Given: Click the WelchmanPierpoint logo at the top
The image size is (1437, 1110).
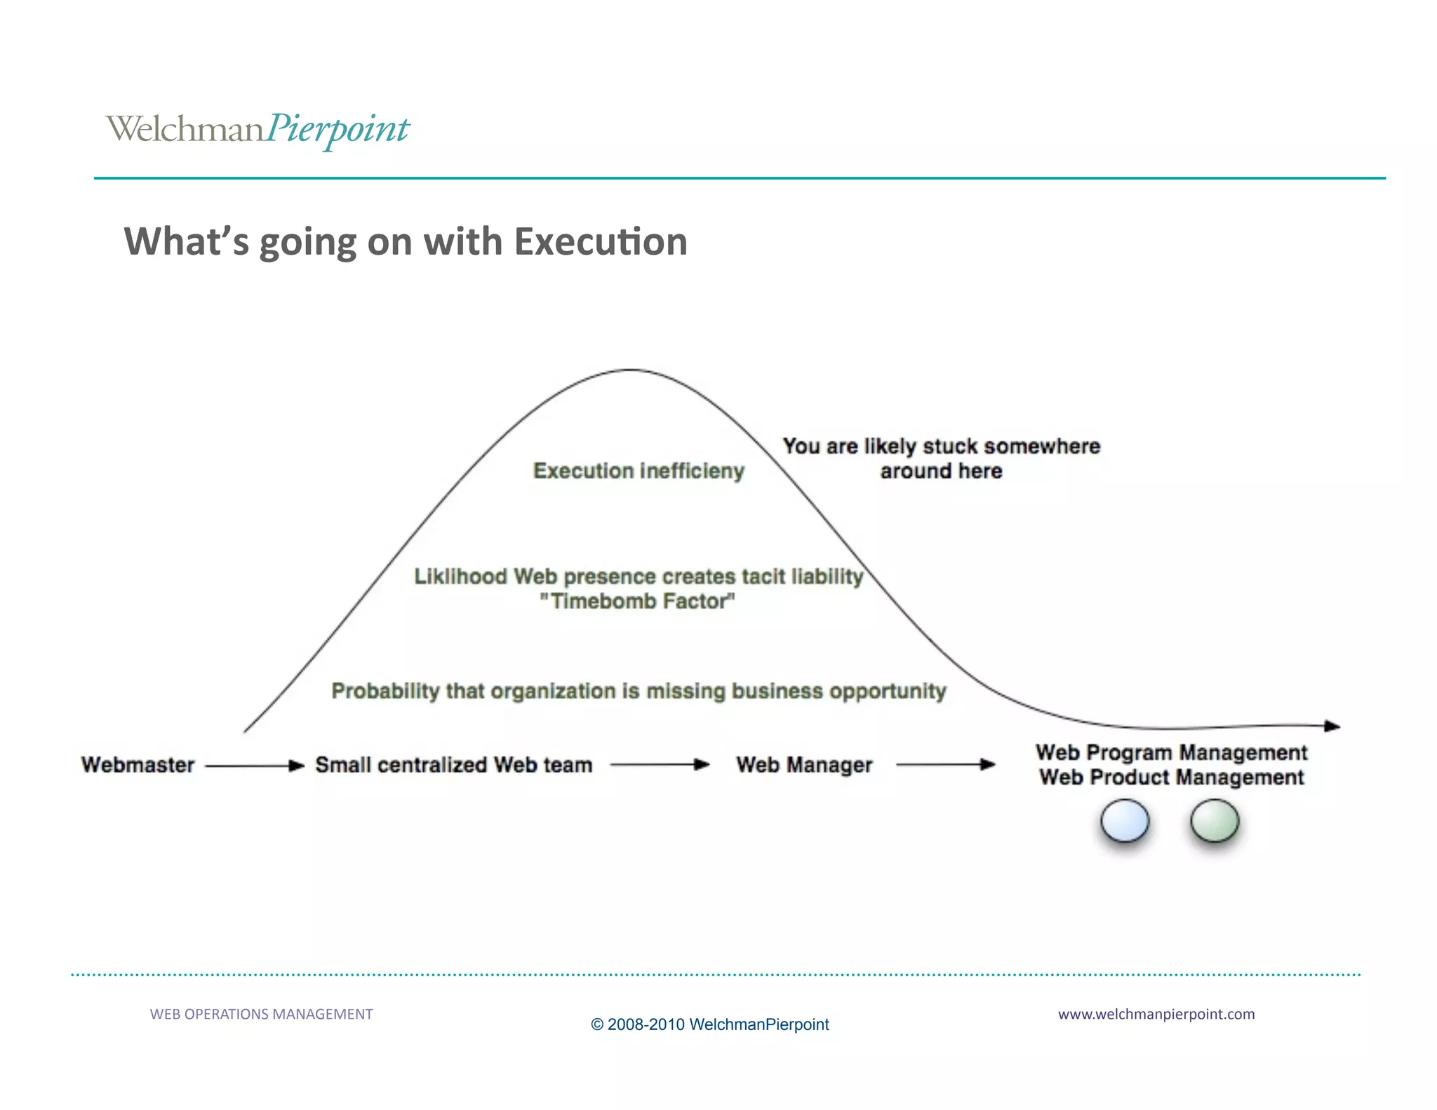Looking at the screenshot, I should (x=258, y=129).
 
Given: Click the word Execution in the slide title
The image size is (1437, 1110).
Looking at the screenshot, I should (x=601, y=241).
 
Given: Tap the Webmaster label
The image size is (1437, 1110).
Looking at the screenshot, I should (x=138, y=765).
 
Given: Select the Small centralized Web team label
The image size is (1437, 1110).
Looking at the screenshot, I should (x=453, y=765).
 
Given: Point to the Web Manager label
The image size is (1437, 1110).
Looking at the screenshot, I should (x=804, y=765).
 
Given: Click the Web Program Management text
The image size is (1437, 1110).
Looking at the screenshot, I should (x=1171, y=753).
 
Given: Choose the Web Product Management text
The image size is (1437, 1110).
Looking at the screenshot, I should (x=1171, y=777).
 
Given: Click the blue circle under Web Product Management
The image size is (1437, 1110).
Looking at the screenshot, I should (x=1125, y=821).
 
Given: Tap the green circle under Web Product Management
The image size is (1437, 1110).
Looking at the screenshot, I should (x=1215, y=821).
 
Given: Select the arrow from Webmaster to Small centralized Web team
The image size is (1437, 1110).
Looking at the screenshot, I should (x=255, y=765).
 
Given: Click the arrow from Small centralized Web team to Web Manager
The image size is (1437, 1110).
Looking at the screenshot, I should (x=660, y=765).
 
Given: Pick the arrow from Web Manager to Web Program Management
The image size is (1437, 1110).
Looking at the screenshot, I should (x=945, y=765).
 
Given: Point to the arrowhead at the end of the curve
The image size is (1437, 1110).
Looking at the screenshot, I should (x=1332, y=726).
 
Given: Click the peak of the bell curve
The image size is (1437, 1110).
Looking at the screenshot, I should (x=631, y=370).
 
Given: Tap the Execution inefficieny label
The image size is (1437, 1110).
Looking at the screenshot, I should (x=639, y=471).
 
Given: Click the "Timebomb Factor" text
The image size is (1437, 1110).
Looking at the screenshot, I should (x=637, y=601).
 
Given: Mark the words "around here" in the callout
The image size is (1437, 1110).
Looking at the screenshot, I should (x=941, y=471).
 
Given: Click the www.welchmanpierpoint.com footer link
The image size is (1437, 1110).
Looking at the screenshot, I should (x=1156, y=1014).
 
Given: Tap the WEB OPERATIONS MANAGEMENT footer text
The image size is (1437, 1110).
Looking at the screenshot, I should (x=261, y=1014).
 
